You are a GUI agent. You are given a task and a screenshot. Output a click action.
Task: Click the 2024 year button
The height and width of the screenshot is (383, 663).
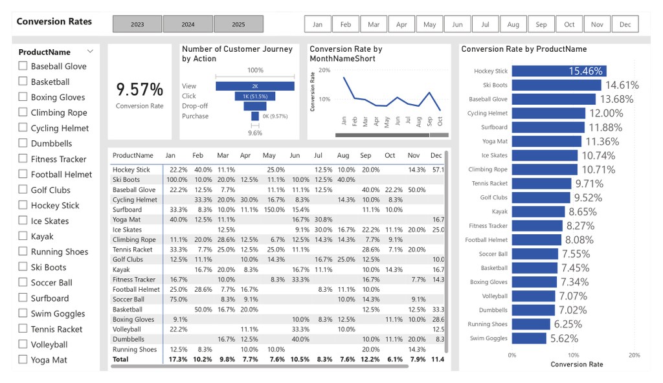click(x=188, y=25)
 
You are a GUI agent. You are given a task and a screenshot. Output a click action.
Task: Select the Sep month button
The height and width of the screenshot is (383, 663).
click(x=541, y=25)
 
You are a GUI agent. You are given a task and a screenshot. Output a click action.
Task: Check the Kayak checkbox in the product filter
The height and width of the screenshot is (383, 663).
click(x=23, y=236)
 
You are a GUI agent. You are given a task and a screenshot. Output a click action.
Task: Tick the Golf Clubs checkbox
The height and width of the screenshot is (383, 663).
click(x=23, y=190)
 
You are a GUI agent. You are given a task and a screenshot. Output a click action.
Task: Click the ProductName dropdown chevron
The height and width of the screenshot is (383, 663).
click(x=90, y=51)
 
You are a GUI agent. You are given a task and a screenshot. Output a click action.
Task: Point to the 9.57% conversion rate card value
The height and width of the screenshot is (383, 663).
click(x=139, y=89)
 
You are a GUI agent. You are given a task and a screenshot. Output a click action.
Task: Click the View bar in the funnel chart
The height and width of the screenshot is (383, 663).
click(x=255, y=86)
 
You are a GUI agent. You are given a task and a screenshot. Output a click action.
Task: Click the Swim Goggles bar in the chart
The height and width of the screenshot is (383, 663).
click(x=529, y=338)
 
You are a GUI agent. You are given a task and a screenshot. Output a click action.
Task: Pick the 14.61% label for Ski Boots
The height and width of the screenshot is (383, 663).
click(x=622, y=85)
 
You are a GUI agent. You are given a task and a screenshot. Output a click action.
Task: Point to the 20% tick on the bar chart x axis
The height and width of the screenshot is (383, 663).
click(x=634, y=355)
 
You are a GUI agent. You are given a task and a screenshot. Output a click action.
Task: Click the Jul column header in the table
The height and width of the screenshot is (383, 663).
click(x=318, y=156)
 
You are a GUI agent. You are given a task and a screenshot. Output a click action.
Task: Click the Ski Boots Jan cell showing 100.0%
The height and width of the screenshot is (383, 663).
click(x=177, y=180)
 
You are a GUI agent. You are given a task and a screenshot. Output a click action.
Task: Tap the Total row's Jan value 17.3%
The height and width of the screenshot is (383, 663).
click(x=178, y=360)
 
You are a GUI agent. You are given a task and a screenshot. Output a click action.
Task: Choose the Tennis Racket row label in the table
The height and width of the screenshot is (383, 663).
click(x=132, y=250)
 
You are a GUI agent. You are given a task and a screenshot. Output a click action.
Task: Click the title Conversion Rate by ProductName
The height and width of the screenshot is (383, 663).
click(x=524, y=49)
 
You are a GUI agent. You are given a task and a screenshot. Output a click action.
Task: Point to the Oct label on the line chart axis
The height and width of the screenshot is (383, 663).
click(x=440, y=120)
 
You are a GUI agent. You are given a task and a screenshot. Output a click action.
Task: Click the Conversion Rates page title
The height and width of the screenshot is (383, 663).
click(x=54, y=21)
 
